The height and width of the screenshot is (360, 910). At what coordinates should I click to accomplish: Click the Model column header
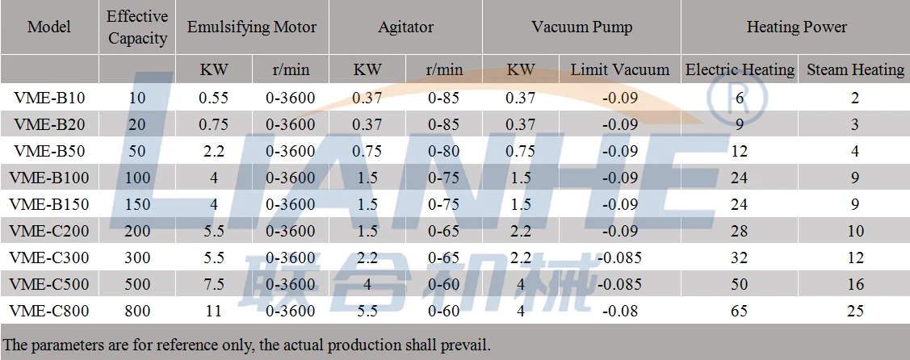point(49,27)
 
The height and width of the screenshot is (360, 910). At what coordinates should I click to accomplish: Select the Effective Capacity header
point(137,27)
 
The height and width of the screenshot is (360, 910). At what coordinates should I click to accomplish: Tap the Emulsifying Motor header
point(252,27)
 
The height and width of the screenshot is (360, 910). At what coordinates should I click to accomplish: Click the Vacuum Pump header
point(581,27)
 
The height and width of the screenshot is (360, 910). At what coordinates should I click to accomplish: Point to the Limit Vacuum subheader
point(619,69)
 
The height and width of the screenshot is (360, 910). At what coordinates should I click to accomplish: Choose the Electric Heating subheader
point(740,69)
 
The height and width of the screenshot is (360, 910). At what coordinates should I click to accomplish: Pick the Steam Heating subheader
point(855,69)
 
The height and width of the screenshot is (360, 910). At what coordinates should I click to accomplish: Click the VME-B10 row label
point(49,98)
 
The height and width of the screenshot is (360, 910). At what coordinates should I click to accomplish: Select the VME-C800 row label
point(49,311)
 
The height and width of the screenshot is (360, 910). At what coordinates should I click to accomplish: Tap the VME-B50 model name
point(49,152)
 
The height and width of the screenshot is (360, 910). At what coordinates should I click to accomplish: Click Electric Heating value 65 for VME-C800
point(740,311)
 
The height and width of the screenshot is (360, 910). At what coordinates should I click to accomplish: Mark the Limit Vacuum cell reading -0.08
point(619,311)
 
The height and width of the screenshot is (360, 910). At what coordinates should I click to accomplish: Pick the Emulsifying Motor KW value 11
point(214,311)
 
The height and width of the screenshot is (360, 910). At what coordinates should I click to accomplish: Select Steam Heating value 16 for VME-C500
point(855,284)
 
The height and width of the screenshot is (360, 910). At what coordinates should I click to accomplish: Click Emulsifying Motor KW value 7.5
point(214,284)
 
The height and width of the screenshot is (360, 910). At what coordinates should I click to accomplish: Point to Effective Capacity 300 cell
point(137,257)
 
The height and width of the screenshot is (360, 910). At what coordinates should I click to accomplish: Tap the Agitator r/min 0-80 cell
point(443,152)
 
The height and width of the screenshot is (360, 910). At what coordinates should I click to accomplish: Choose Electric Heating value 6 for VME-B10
point(740,98)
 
